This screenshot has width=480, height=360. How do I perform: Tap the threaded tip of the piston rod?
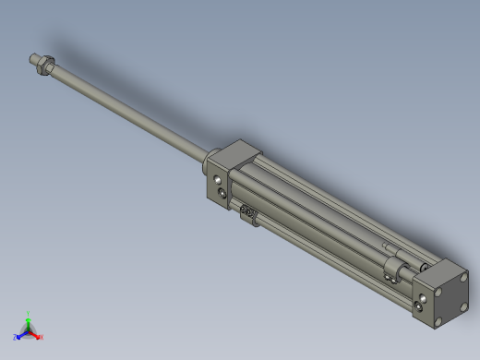[x=33, y=58]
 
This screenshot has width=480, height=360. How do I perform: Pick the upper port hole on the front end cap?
[x=217, y=177]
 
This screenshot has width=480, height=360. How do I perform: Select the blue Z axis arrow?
[x=18, y=337]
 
